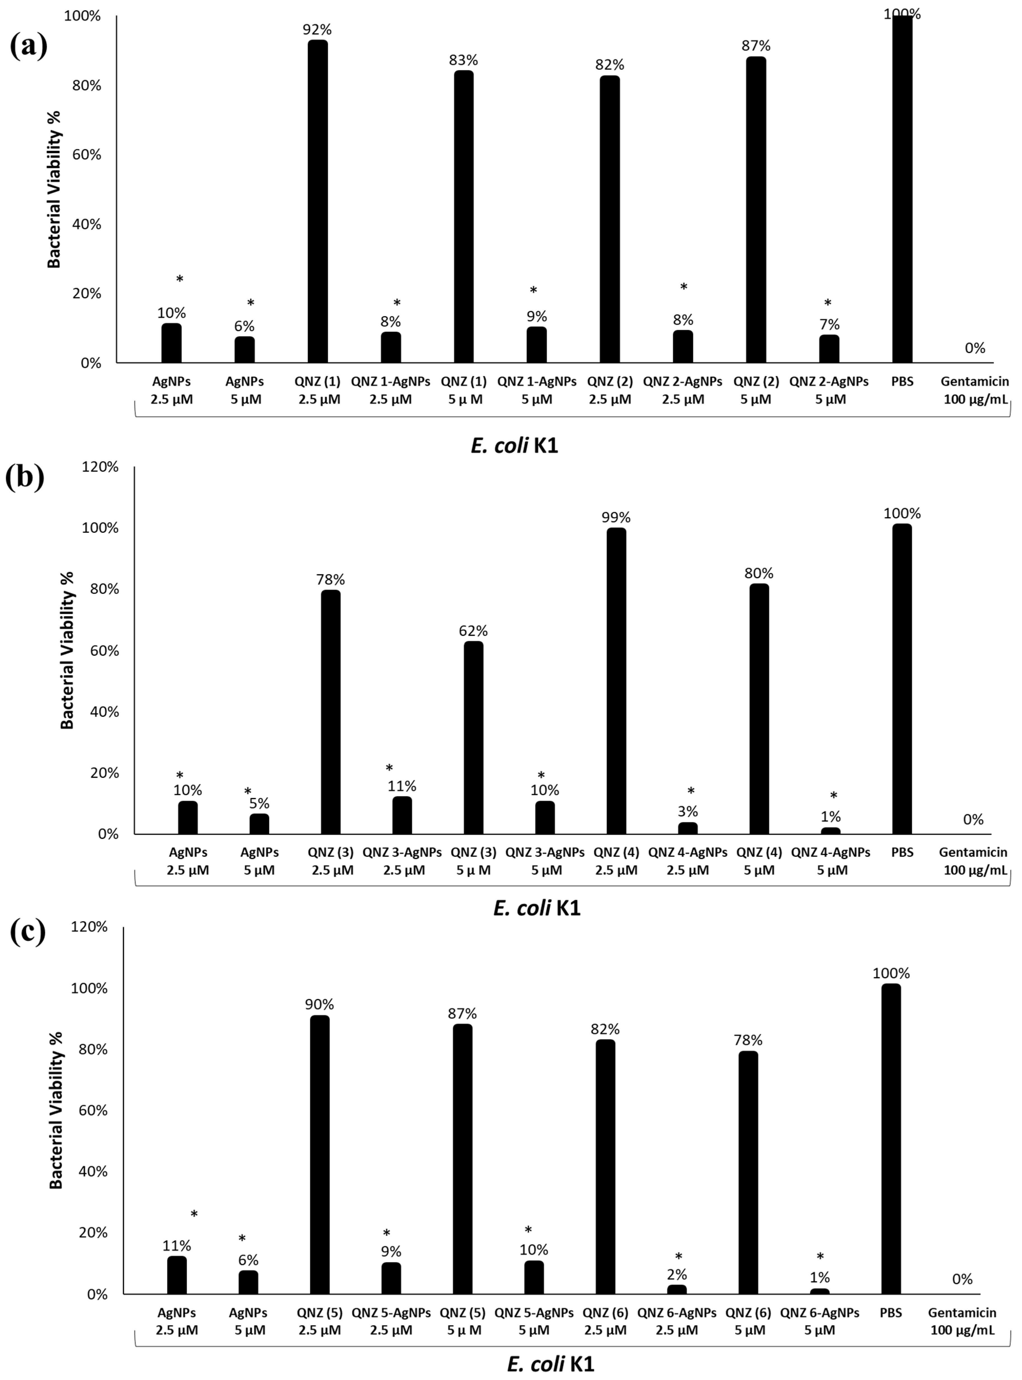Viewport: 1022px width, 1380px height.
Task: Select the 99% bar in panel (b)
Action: (616, 680)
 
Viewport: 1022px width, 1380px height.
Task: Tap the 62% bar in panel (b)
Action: (473, 737)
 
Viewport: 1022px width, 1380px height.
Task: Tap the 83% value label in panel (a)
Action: (463, 60)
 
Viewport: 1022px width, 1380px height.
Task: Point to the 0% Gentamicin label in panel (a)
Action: (974, 348)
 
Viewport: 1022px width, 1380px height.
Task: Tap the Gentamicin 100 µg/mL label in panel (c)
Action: (962, 1321)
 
